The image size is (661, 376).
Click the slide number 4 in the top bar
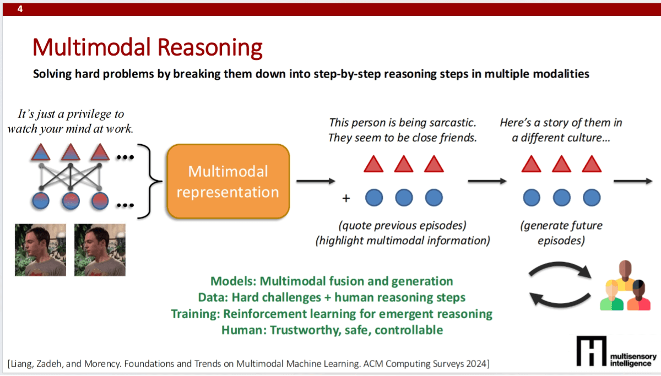20,9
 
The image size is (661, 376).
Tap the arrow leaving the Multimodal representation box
315,181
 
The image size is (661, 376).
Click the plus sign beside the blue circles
346,198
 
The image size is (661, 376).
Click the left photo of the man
40,249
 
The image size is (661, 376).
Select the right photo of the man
100,249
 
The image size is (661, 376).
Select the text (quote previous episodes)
403,226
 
